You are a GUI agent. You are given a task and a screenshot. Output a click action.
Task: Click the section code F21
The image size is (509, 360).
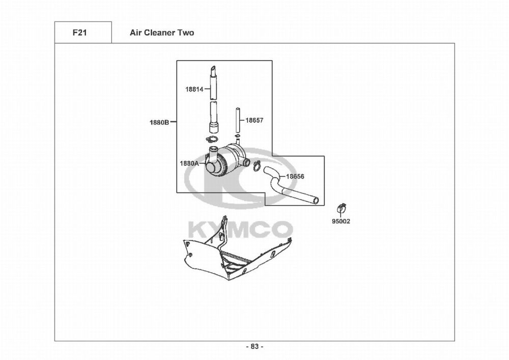(79, 33)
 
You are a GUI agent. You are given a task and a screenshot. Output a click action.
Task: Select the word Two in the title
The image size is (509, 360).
(185, 33)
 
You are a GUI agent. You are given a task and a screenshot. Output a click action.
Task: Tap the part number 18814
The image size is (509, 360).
(194, 89)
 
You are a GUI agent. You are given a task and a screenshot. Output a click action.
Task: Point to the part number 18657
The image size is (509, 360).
(254, 121)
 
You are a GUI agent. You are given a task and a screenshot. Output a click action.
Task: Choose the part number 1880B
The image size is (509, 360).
(159, 122)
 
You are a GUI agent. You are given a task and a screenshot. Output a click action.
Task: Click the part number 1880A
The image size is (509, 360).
(189, 163)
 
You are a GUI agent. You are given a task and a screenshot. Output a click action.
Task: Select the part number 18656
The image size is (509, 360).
(295, 177)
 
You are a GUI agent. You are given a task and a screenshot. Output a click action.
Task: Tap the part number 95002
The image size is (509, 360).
(341, 221)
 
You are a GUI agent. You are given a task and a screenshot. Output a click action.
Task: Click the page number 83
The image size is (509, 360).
(254, 346)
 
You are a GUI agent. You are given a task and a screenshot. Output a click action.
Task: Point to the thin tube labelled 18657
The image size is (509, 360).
(237, 120)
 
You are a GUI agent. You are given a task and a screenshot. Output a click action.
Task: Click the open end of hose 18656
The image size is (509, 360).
(317, 201)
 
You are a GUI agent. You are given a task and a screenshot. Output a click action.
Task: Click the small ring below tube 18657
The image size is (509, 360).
(237, 136)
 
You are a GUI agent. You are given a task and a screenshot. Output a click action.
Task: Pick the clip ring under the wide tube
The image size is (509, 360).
(212, 140)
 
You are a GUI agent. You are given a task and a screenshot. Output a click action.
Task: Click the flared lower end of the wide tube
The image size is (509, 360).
(213, 126)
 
